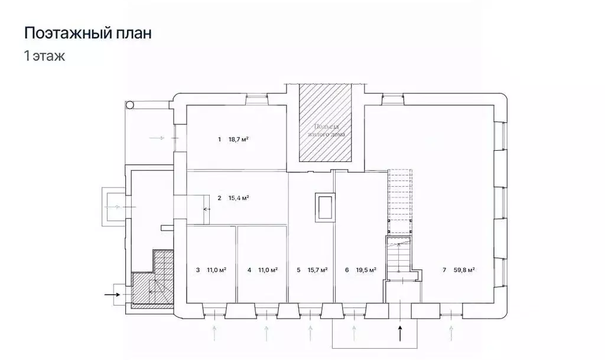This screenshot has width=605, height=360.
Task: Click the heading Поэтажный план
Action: (x=87, y=33)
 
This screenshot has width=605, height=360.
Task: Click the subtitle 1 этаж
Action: (x=44, y=57)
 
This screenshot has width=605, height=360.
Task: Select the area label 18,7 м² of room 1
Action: (x=238, y=140)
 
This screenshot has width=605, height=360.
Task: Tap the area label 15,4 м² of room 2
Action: (x=238, y=198)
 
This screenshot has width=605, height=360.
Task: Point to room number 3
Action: (x=197, y=270)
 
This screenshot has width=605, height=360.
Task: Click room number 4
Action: (x=249, y=270)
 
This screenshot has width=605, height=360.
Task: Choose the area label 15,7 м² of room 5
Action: (x=317, y=270)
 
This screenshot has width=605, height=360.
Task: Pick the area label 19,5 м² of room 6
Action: (x=366, y=270)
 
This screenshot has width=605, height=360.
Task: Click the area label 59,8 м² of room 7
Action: (x=464, y=270)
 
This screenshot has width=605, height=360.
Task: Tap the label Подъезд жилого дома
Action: (x=325, y=131)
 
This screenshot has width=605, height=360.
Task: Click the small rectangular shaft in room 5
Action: (x=324, y=207)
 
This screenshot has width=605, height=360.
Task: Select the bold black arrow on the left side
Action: (x=112, y=293)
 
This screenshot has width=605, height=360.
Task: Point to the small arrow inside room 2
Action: (x=207, y=209)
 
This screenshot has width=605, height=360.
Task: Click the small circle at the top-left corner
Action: (x=130, y=105)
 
